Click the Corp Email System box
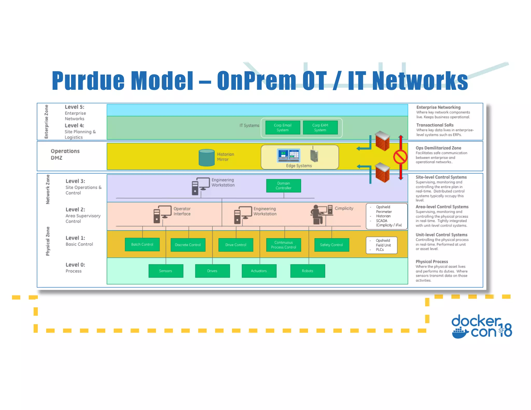click(x=283, y=128)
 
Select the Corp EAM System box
click(x=320, y=128)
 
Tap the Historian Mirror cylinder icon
click(x=206, y=157)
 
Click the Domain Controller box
click(x=283, y=186)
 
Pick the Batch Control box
click(x=142, y=244)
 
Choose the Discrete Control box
click(x=188, y=245)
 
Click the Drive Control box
click(x=236, y=245)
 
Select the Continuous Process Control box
click(x=284, y=245)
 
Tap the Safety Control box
click(x=331, y=245)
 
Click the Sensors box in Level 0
click(x=166, y=271)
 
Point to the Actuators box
click(x=259, y=271)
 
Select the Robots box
click(x=308, y=271)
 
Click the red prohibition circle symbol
click(x=400, y=157)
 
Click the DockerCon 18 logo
click(x=481, y=327)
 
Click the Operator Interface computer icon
click(x=162, y=214)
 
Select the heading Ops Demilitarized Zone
click(x=438, y=148)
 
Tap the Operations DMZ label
click(x=65, y=154)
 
